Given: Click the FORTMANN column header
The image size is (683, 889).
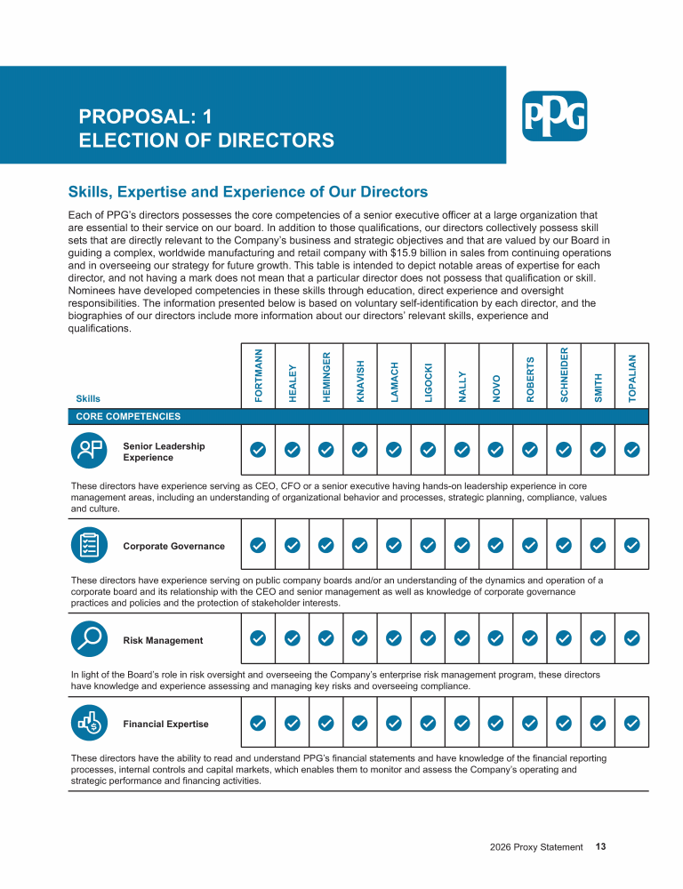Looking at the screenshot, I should pos(258,376).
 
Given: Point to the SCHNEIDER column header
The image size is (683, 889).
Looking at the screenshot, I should pos(564,374).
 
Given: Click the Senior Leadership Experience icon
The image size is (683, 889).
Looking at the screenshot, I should pos(89,451).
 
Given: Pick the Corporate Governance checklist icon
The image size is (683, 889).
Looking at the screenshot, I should pos(89,545).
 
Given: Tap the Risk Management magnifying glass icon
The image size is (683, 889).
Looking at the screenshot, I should pos(89,639).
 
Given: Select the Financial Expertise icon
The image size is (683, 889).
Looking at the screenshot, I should pos(89,724).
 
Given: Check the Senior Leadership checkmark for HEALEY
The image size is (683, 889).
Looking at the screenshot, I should pos(292,450).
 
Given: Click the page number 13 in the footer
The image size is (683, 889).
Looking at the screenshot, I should pos(601,847).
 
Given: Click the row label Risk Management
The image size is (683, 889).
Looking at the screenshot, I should pos(163,640).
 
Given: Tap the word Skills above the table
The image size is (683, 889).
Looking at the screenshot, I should pos(88,398).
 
